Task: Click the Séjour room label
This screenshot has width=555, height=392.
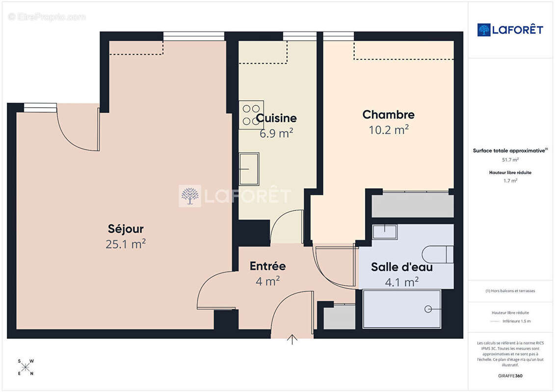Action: pyautogui.click(x=126, y=229)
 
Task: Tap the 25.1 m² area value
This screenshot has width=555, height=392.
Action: pyautogui.click(x=126, y=244)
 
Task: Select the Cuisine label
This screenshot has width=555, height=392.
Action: pyautogui.click(x=276, y=118)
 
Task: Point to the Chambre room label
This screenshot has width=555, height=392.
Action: pyautogui.click(x=388, y=115)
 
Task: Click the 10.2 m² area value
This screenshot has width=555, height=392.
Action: pyautogui.click(x=389, y=130)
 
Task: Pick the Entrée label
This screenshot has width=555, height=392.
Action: pyautogui.click(x=267, y=266)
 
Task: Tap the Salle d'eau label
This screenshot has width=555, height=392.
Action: pyautogui.click(x=402, y=267)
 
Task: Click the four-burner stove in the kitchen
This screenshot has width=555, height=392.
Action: pyautogui.click(x=251, y=115)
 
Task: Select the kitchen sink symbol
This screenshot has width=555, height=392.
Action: pyautogui.click(x=249, y=169)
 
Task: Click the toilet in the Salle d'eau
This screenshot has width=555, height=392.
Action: pyautogui.click(x=438, y=254)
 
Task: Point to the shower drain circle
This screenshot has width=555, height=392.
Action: pyautogui.click(x=428, y=309)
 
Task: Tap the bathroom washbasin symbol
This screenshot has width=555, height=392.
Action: pyautogui.click(x=385, y=232)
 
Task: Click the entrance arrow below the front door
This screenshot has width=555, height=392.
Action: pyautogui.click(x=292, y=340)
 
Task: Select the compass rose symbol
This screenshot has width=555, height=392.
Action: pyautogui.click(x=26, y=367)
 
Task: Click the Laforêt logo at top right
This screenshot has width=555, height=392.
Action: pyautogui.click(x=510, y=30)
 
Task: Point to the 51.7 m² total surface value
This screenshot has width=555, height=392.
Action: pyautogui.click(x=510, y=160)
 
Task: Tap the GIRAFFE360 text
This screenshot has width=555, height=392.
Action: pyautogui.click(x=510, y=376)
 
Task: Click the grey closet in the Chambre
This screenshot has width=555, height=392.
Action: pyautogui.click(x=413, y=205)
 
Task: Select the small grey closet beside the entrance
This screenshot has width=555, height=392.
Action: pyautogui.click(x=340, y=317)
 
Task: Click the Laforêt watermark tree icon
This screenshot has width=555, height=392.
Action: pyautogui.click(x=190, y=196)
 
